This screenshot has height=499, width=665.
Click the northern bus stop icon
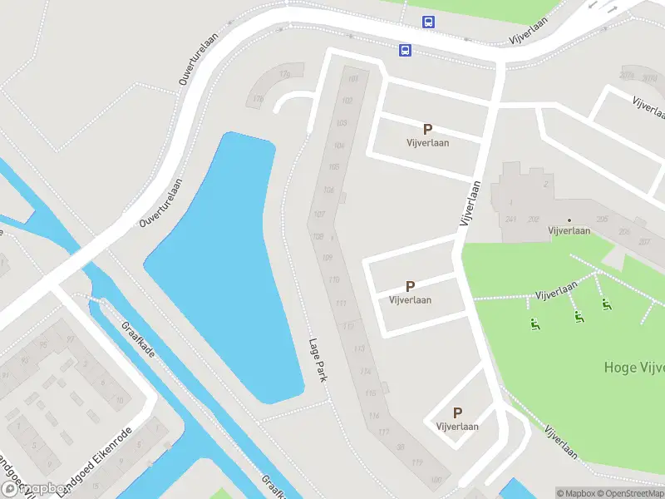[428, 22]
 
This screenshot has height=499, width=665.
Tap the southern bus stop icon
[405, 51]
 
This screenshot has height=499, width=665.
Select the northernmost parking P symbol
[427, 129]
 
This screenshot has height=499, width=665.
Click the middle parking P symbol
[410, 286]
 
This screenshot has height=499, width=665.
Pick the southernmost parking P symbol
[457, 413]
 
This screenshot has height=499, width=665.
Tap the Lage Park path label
[317, 359]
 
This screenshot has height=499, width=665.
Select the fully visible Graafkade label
[139, 340]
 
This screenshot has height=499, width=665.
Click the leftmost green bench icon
[534, 324]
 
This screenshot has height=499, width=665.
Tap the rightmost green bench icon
[607, 305]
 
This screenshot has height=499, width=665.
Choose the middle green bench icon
[578, 317]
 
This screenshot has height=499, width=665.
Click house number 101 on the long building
[353, 80]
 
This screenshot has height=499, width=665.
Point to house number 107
[319, 215]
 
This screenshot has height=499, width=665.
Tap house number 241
[510, 220]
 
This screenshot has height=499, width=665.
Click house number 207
[643, 241]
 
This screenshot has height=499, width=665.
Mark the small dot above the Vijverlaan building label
[569, 220]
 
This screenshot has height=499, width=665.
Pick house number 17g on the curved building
[285, 75]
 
